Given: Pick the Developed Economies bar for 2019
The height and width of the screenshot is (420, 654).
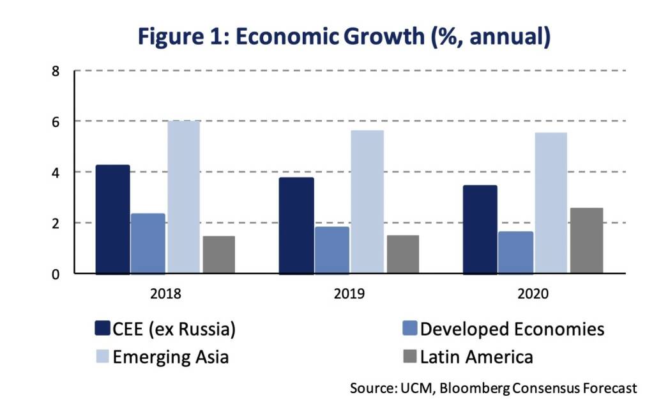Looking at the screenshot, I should pos(332,250).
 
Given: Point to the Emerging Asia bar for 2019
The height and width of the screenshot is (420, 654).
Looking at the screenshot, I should pos(367,202).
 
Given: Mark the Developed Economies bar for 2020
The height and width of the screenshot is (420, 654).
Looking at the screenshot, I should pos(515,253).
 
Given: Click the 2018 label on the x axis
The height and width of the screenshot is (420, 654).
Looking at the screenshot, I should pos(165,294).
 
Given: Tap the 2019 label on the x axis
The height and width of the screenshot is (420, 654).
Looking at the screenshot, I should pos(349,294).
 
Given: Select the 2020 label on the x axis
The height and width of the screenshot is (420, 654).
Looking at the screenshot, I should pos(533,294).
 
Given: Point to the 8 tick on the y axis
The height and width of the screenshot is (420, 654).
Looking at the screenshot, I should pos(56,71).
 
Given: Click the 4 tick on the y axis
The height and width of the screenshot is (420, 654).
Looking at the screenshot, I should pos(56,173).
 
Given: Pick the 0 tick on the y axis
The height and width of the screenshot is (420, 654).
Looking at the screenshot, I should pos(56,274).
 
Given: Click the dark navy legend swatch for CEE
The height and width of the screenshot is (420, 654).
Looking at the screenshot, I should pos(102,329).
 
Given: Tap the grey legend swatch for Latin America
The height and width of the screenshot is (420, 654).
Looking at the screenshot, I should pos(409,356).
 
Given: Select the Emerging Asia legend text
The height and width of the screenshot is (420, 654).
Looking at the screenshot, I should pos(171,357).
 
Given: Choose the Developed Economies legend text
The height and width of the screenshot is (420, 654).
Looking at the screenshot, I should pos(512,329).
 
